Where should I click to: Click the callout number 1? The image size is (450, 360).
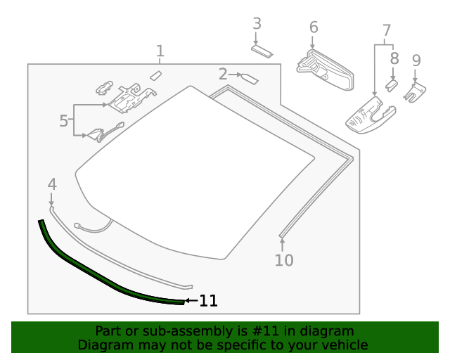click(160, 51)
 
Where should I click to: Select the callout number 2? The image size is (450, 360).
click(223, 74)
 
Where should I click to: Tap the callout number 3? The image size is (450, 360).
click(257, 23)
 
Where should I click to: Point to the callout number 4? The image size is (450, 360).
click(51, 184)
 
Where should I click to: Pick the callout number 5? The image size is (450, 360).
click(64, 121)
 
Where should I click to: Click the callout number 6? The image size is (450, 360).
click(314, 27)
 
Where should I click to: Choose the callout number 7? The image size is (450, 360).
click(386, 30)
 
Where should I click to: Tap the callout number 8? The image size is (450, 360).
click(394, 58)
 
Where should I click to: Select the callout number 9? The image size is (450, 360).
click(416, 61)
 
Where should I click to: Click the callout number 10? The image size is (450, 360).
click(283, 261)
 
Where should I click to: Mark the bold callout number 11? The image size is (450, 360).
click(208, 301)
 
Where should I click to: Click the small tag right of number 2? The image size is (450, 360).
click(250, 78)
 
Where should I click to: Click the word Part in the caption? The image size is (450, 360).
click(108, 331)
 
